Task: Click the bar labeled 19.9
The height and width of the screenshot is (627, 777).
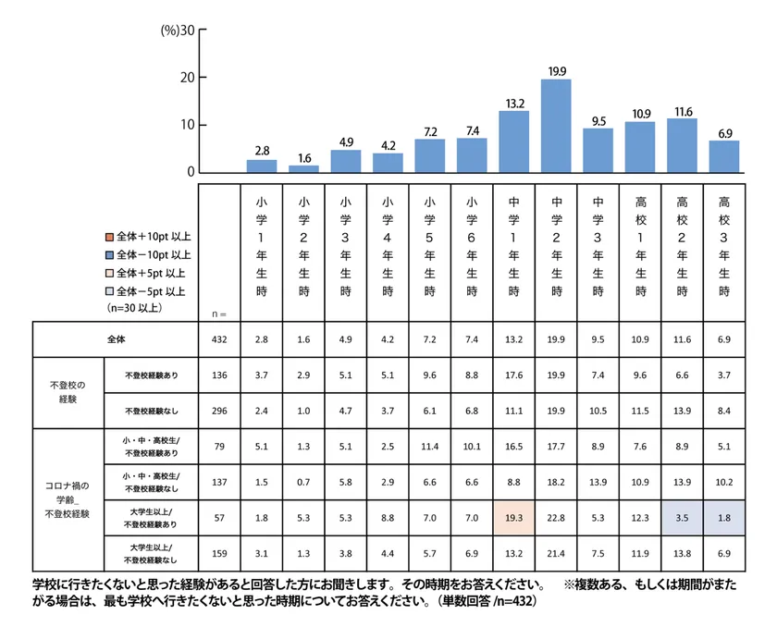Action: [555, 126]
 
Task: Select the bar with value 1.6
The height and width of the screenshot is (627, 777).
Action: [303, 168]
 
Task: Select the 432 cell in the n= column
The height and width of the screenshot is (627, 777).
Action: [220, 339]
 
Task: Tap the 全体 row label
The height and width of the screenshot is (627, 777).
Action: [116, 339]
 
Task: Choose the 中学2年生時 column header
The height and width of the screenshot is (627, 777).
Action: [556, 244]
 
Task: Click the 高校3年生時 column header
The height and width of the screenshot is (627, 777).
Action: [723, 244]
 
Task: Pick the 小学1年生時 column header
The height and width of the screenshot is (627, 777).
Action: [262, 244]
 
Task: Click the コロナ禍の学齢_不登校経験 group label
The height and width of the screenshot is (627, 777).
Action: [67, 498]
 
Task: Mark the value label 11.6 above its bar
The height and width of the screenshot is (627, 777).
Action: [682, 111]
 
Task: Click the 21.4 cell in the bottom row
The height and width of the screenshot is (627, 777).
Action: [556, 553]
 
